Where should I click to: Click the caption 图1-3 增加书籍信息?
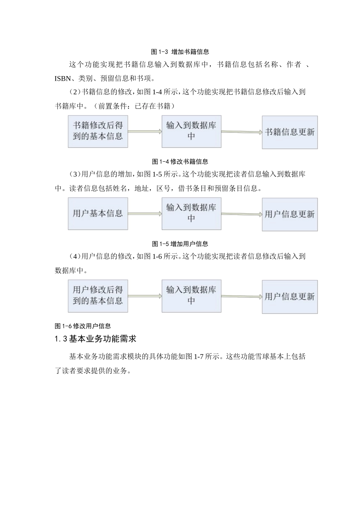point(180,52)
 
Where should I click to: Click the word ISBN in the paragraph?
point(63,79)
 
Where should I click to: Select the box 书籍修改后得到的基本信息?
point(98,131)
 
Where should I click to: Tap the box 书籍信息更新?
point(290,132)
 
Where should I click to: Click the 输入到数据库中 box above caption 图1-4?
point(191,131)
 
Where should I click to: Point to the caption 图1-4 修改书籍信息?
point(180,162)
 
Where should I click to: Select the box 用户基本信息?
point(98,214)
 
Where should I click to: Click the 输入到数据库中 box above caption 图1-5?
point(191,214)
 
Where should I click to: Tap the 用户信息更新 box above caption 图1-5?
point(290,214)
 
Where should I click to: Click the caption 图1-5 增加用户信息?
point(180,244)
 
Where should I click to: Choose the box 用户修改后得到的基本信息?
point(98,296)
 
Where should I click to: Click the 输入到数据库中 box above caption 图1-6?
point(191,296)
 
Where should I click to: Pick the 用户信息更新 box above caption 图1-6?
point(290,297)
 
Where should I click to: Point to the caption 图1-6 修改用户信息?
point(83,326)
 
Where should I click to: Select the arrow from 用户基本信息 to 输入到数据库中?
point(145,214)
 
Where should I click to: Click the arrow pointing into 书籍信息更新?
point(241,132)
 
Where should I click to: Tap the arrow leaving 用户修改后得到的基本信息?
point(145,296)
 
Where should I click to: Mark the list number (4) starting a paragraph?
point(75,256)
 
